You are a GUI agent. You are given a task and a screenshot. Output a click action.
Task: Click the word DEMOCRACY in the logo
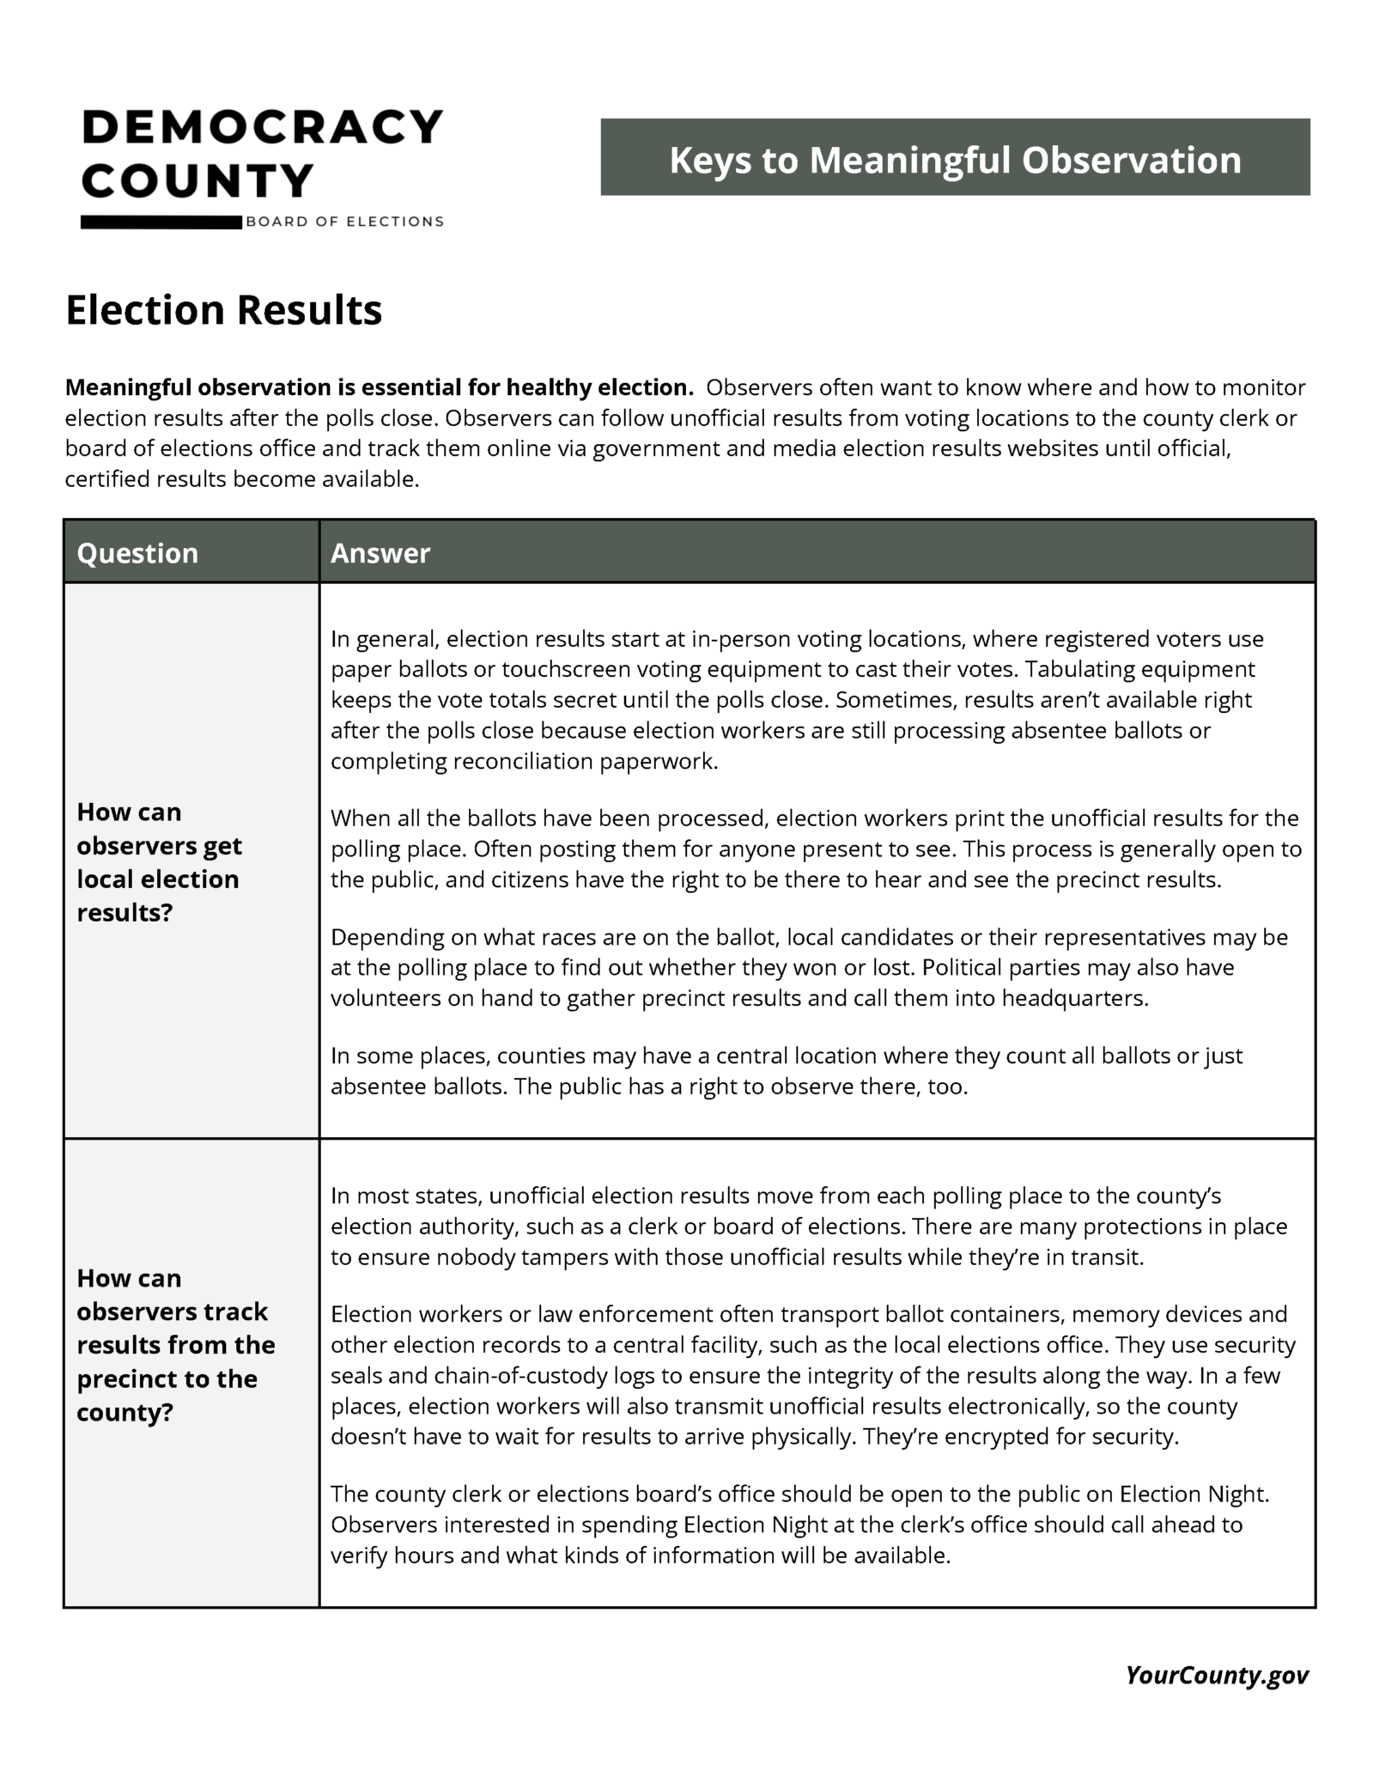[262, 128]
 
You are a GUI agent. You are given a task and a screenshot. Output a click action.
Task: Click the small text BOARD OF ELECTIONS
[344, 222]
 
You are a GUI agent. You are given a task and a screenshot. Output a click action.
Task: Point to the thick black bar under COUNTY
[161, 222]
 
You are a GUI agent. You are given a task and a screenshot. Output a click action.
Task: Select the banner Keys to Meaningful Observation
[954, 158]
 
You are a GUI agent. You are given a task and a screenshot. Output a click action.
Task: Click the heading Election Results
[223, 310]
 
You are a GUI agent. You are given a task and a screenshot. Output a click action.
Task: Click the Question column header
[137, 553]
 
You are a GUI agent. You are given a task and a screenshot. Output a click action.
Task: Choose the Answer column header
[380, 553]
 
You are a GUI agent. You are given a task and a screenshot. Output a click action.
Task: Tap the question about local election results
[159, 861]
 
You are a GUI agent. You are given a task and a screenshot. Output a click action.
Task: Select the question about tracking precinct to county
[175, 1345]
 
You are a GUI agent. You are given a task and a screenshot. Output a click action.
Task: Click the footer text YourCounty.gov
[1217, 1675]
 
